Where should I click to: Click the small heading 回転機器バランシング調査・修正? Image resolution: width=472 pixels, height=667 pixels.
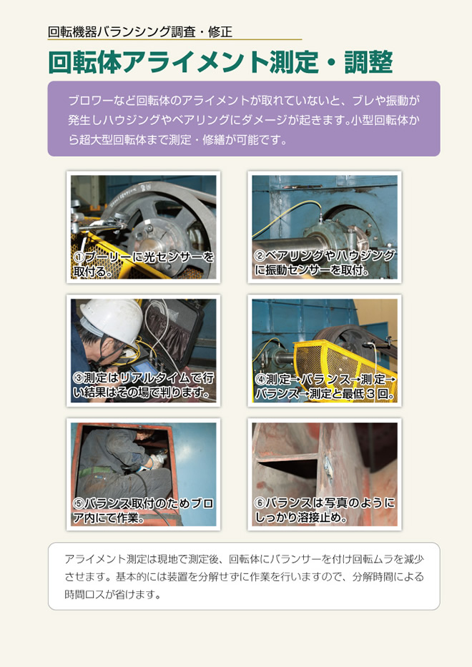coord(139,31)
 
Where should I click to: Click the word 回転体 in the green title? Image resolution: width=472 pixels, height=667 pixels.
coord(84,62)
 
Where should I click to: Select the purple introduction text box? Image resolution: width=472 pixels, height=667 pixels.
coord(243,119)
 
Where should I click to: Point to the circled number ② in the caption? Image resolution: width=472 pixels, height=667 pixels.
coord(260,256)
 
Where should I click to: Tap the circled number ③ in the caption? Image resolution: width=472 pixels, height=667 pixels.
coord(79,378)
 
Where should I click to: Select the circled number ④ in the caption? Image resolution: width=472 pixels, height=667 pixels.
coord(260,379)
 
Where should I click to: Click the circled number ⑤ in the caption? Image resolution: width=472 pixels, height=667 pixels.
coord(79,503)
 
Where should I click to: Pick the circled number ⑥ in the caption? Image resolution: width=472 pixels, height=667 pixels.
coord(260,503)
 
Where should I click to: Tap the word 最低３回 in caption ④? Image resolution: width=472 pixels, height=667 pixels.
coord(368,394)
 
